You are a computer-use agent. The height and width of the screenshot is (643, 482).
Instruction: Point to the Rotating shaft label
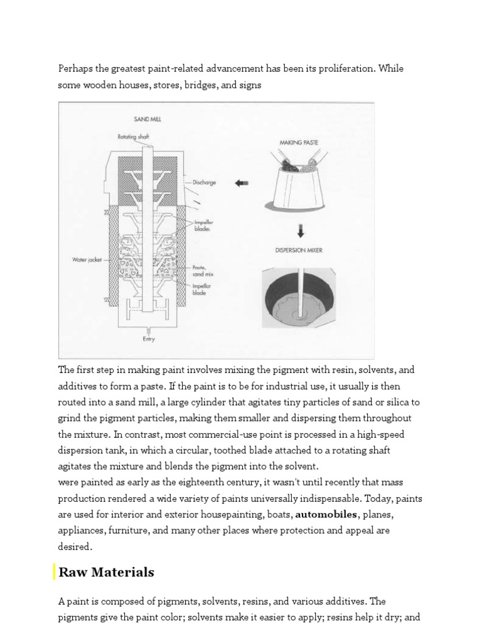[134, 136]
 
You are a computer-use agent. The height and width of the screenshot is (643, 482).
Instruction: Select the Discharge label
[205, 183]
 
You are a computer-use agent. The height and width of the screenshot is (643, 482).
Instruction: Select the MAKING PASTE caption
[299, 143]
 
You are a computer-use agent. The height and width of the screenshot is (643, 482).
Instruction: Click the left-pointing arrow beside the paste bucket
[241, 183]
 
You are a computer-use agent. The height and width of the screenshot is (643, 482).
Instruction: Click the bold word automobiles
[326, 514]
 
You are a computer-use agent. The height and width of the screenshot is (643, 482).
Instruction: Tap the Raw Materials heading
[106, 572]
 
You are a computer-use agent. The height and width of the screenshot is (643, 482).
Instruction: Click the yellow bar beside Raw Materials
[55, 572]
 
